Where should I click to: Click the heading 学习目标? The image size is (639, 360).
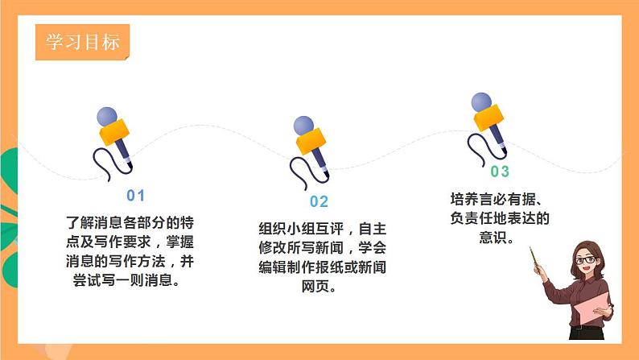pos(82,42)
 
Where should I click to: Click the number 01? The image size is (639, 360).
pos(135,196)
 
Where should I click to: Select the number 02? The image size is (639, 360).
pos(319,202)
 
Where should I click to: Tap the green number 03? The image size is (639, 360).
pos(500,172)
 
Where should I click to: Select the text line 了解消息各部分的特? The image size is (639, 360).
pos(130,220)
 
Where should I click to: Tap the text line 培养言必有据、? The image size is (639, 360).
pos(500,198)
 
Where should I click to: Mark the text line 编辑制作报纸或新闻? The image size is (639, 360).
pos(317,267)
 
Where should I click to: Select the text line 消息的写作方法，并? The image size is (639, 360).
pos(130,261)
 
